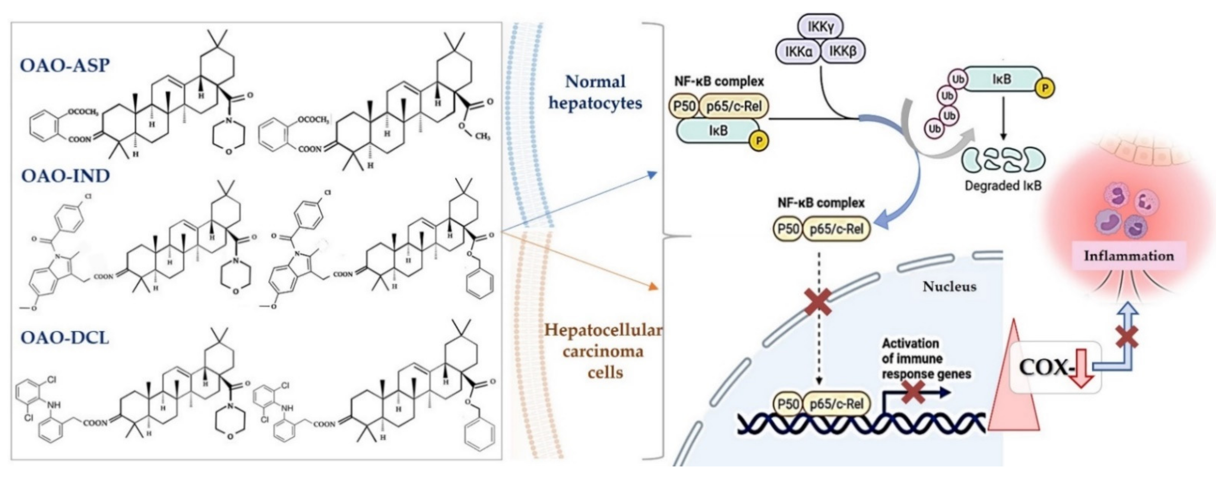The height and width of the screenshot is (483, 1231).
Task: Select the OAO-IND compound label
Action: click(x=65, y=176)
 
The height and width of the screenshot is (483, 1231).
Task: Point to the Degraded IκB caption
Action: click(x=1003, y=186)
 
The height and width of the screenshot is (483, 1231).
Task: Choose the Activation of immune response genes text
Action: click(x=926, y=358)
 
